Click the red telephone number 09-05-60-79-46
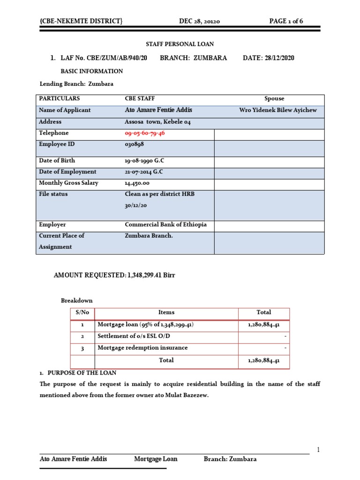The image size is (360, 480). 145,133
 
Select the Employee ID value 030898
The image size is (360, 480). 135,144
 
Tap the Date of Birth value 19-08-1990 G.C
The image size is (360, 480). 144,160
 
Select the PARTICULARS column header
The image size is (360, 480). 60,98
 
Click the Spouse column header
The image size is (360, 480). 274,98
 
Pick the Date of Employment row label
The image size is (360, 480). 67,172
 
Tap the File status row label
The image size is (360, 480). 53,194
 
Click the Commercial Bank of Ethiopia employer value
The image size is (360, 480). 166,225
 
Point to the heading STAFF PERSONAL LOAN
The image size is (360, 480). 180,44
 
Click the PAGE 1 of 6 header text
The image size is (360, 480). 289,21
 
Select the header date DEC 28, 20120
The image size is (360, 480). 200,21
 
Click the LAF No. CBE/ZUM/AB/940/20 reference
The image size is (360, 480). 100,58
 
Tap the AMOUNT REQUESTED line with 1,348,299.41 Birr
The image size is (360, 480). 114,275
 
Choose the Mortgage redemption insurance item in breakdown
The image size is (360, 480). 142,348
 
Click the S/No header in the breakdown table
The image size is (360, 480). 82,312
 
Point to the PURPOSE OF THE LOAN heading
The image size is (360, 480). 80,373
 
